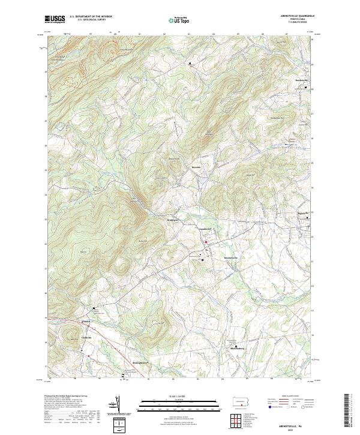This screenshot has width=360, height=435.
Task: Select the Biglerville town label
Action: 306,212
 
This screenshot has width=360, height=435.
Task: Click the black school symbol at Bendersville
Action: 307,88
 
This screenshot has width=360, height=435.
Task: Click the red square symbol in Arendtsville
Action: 206,242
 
